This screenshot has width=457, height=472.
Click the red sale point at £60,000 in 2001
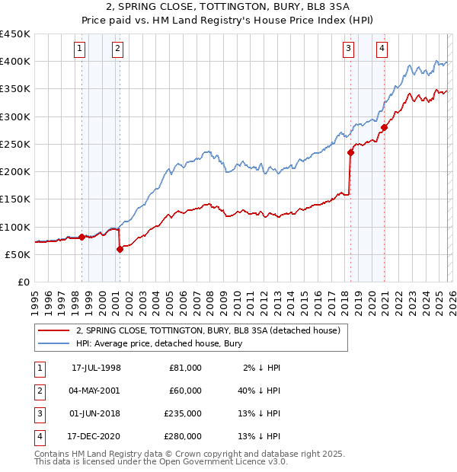click(x=120, y=249)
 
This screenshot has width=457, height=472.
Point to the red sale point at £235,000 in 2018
click(x=351, y=152)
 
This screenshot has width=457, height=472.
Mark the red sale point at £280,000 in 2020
click(x=385, y=127)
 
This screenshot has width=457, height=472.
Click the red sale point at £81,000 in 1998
click(x=82, y=237)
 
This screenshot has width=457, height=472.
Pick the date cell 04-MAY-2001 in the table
click(x=96, y=390)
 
